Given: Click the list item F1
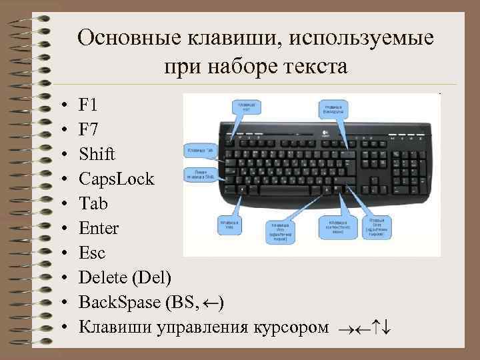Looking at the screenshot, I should pyautogui.click(x=87, y=105).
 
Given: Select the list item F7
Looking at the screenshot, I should pyautogui.click(x=87, y=129).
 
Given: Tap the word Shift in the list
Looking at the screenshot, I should pyautogui.click(x=97, y=154).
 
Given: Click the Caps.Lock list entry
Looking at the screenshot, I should pyautogui.click(x=116, y=179).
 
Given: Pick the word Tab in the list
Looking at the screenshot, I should pyautogui.click(x=93, y=204).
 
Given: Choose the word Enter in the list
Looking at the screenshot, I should pyautogui.click(x=99, y=229).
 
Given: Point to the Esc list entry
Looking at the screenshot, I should pyautogui.click(x=92, y=253).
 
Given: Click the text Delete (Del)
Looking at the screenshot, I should pyautogui.click(x=125, y=278).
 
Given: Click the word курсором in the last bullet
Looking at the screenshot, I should pyautogui.click(x=291, y=327).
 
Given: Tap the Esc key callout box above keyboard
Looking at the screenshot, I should pyautogui.click(x=247, y=107).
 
